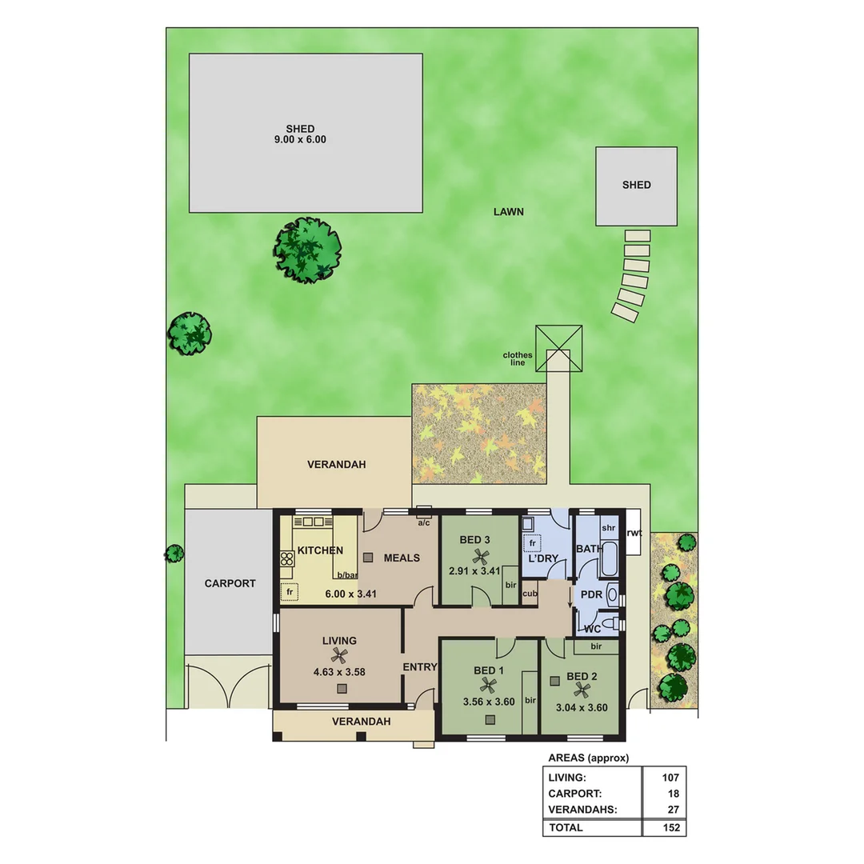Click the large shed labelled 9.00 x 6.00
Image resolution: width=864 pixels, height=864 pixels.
tap(306, 133)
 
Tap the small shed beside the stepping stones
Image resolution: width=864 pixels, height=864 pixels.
tap(636, 186)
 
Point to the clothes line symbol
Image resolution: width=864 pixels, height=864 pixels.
tap(558, 348)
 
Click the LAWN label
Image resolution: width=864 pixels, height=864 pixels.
tap(508, 212)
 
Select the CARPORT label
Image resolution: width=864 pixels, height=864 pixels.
tap(230, 583)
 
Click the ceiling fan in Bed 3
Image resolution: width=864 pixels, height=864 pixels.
tap(480, 557)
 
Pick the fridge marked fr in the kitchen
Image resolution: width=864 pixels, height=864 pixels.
tap(289, 592)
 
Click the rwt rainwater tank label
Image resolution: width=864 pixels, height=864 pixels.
tap(634, 533)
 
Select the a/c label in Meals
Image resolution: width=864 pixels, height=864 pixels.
tap(423, 523)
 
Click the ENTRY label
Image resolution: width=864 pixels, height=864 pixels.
tap(419, 667)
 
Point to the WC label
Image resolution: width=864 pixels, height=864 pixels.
tap(592, 629)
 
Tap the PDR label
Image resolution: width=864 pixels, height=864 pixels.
tap(591, 595)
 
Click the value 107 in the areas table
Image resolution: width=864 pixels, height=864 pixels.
tap(670, 778)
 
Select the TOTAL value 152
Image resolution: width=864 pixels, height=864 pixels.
tap(670, 827)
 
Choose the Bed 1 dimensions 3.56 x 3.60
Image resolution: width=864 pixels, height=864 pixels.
tap(489, 702)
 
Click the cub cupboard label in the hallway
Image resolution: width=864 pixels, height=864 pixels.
tap(529, 594)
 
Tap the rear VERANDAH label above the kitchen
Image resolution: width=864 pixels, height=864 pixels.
tap(336, 464)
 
